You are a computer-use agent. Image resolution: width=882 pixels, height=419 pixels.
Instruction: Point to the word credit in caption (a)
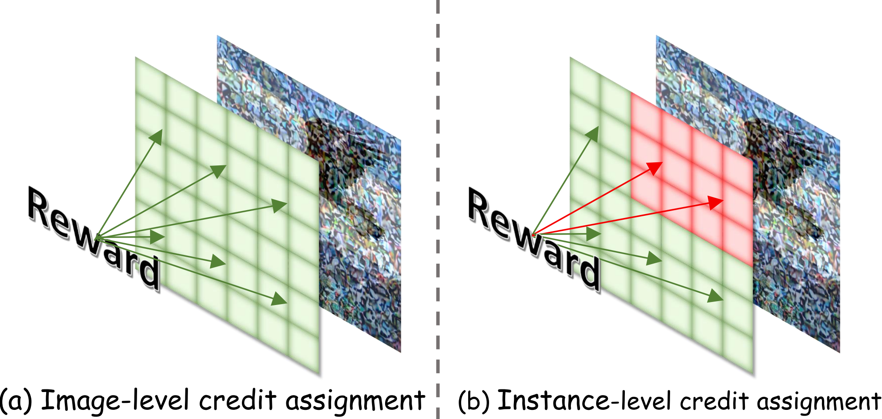coord(238,400)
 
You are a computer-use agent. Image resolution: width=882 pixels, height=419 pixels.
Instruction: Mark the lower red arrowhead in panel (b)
coord(716,202)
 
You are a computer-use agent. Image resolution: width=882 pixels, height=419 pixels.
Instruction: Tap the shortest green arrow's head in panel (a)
coord(158,237)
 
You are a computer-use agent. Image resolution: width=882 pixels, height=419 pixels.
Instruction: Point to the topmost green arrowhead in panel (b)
coord(593,134)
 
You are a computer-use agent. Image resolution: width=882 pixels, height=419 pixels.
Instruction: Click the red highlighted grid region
coord(692,178)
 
